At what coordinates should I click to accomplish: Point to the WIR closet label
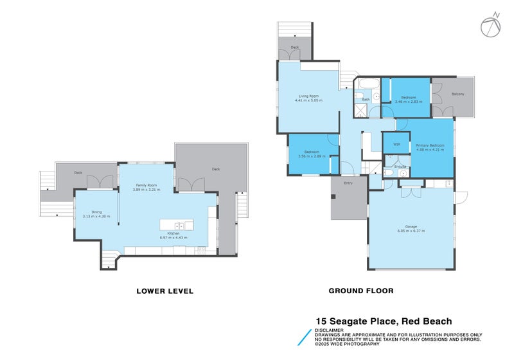point(396,145)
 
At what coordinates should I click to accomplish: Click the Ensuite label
point(399,166)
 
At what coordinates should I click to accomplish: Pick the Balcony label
point(457,94)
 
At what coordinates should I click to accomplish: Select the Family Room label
point(145,185)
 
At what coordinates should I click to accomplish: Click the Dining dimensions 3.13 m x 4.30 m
point(96,216)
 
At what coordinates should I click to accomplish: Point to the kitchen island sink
point(181,225)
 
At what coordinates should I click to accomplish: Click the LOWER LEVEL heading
point(164,291)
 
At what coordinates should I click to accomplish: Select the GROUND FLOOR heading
point(360,291)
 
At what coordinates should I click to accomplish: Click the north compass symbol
point(490,24)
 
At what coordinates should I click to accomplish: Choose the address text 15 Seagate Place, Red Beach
point(383,321)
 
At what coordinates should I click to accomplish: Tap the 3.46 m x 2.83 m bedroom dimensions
point(405,102)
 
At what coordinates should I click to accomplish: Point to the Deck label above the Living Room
point(295,48)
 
